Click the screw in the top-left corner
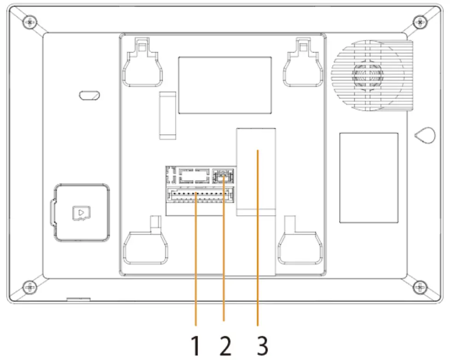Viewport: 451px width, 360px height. [x=29, y=21]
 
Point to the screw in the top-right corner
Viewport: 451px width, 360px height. [x=418, y=21]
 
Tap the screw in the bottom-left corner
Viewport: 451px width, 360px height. [x=29, y=287]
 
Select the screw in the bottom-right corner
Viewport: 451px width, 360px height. [x=418, y=287]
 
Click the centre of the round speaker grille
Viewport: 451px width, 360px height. [x=367, y=74]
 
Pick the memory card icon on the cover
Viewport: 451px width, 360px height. [x=81, y=212]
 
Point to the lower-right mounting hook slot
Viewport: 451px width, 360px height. [x=299, y=247]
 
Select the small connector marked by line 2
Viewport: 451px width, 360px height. [x=223, y=176]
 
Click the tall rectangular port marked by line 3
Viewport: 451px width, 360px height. [x=256, y=171]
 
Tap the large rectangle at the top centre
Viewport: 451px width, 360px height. [x=225, y=85]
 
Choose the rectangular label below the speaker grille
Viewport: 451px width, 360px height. [x=369, y=177]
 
